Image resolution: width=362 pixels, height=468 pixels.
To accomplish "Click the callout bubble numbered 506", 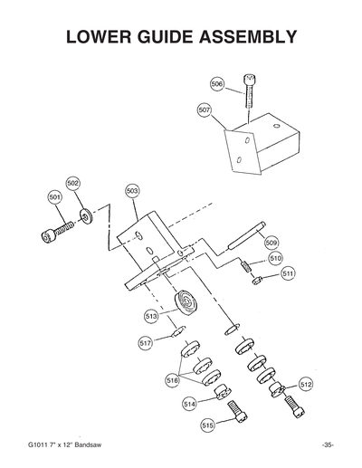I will click(217, 83).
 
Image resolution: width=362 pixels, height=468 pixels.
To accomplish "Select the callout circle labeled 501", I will click(54, 196).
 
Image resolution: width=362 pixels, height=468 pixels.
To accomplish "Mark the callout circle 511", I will click(288, 272).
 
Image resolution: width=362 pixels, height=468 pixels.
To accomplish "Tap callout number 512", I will click(306, 385).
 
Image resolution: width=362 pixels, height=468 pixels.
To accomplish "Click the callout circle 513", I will click(151, 316).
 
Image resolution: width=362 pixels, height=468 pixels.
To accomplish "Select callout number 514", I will click(189, 403).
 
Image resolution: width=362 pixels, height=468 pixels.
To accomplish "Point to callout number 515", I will click(208, 425).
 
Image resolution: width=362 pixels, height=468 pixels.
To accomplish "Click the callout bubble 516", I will click(172, 381).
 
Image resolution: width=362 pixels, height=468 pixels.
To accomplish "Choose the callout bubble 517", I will click(146, 343).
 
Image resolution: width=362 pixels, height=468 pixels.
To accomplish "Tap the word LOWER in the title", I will click(101, 38).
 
